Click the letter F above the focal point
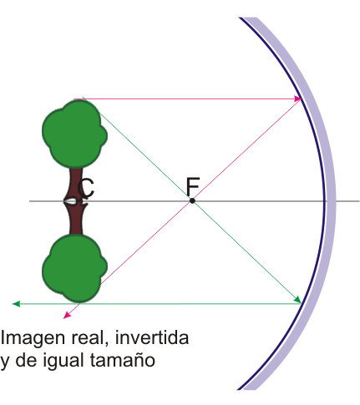point(193,186)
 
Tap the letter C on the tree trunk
point(86,189)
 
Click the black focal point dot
point(192,200)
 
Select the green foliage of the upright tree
point(74,134)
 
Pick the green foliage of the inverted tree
point(74,268)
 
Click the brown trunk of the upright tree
point(75,184)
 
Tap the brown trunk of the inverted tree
point(75,218)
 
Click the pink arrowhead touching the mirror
point(298,99)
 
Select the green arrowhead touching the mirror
point(297,300)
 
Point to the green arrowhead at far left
point(16,304)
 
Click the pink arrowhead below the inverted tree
point(67,315)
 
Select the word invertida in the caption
point(152,337)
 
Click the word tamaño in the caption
point(123,360)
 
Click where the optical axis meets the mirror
point(325,200)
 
